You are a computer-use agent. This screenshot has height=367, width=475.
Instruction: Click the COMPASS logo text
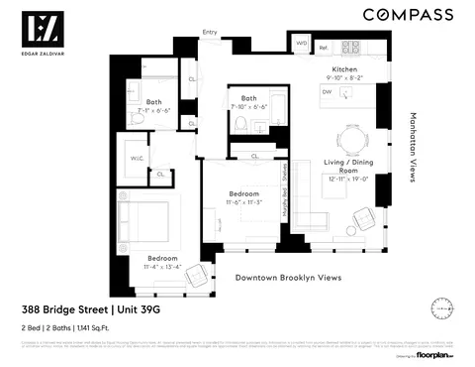click(408, 15)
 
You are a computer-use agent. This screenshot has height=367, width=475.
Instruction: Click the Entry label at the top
click(209, 32)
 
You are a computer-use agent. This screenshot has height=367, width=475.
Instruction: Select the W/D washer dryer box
click(302, 46)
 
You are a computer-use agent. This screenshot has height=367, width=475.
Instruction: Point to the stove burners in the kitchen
click(351, 46)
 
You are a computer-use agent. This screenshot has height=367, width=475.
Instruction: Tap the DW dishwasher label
click(327, 91)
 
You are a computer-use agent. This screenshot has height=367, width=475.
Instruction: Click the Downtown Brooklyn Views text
click(287, 278)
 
